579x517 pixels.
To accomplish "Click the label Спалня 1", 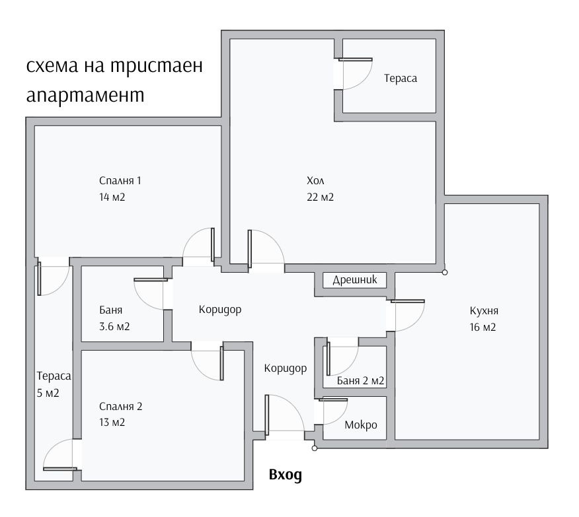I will click(x=120, y=180).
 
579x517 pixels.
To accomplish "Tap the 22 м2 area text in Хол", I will click(x=320, y=197).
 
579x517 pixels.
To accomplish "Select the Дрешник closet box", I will click(x=354, y=280).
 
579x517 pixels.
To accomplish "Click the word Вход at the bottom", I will click(x=286, y=474).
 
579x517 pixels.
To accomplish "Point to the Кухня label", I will click(x=483, y=310).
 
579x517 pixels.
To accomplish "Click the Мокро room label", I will click(x=361, y=425).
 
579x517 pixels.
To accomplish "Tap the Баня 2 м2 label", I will click(x=360, y=381).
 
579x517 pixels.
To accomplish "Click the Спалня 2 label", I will click(x=120, y=406).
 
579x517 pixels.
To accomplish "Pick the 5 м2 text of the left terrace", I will click(x=48, y=393).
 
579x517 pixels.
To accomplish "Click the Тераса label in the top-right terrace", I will click(x=401, y=78).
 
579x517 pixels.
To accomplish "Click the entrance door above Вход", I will click(x=283, y=415).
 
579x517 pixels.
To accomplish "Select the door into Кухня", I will click(x=407, y=316).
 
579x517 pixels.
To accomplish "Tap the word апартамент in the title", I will click(x=85, y=94).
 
